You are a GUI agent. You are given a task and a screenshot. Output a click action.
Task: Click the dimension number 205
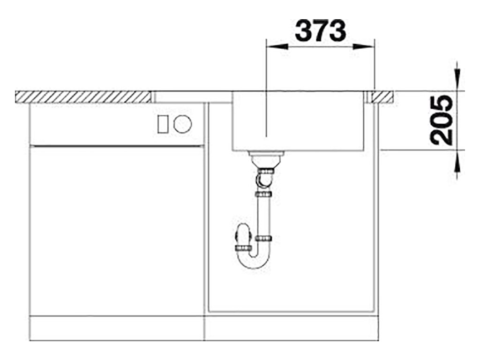(441, 120)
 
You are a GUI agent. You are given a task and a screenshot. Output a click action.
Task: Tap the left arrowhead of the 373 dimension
(277, 47)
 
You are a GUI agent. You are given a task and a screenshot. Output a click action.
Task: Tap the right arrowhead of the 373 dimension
(364, 47)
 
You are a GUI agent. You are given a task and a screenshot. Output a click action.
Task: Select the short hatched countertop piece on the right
(382, 97)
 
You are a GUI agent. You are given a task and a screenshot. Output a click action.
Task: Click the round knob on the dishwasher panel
(182, 124)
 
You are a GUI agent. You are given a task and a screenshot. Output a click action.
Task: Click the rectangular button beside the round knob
(162, 124)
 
